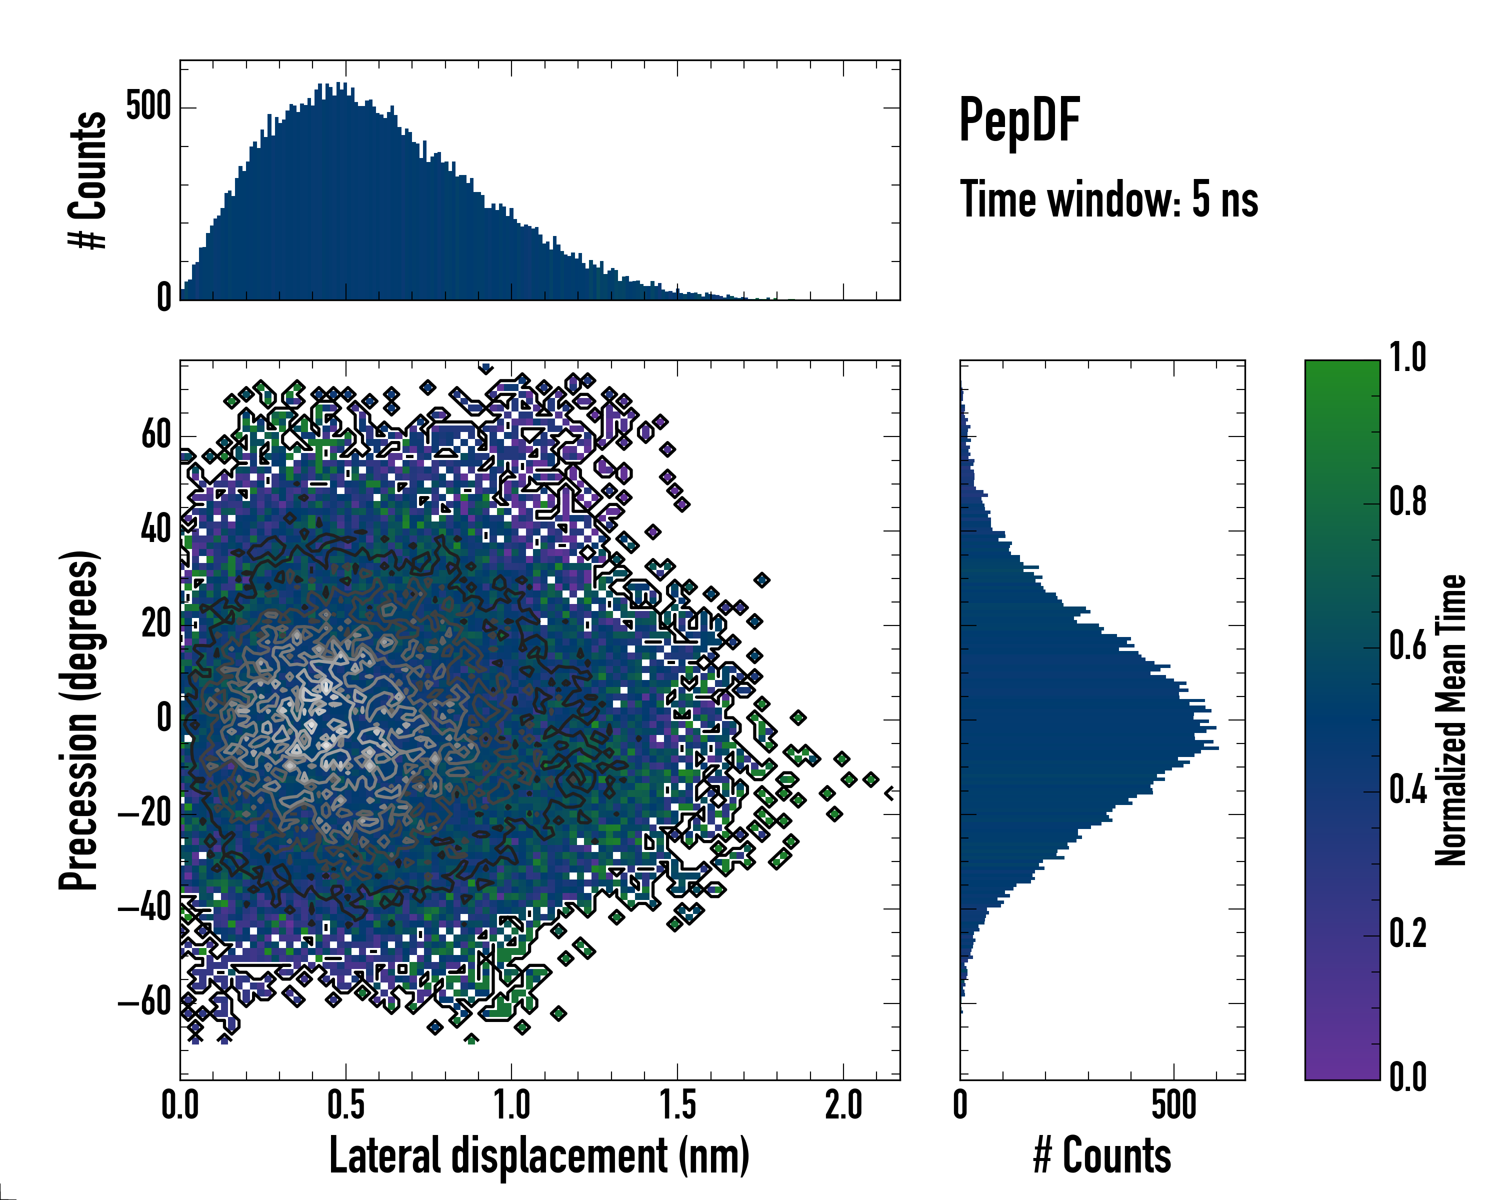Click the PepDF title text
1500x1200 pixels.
1019,119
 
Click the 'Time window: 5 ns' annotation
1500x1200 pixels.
1109,199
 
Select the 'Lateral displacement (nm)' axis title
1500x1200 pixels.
539,1155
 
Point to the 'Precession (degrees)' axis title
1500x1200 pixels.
78,720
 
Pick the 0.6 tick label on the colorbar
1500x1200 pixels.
1407,645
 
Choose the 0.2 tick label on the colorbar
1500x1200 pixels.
1407,933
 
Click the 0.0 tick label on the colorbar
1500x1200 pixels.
1407,1077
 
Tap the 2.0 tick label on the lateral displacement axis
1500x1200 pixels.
843,1106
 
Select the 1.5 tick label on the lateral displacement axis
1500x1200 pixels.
677,1106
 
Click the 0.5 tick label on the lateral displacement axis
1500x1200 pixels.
346,1106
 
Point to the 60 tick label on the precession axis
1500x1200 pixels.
156,435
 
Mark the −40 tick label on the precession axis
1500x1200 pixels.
144,908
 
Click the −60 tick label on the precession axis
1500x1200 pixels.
144,1002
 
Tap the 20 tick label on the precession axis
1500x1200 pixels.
156,624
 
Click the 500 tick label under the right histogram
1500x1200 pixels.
1173,1106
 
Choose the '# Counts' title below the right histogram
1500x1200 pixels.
1102,1155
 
